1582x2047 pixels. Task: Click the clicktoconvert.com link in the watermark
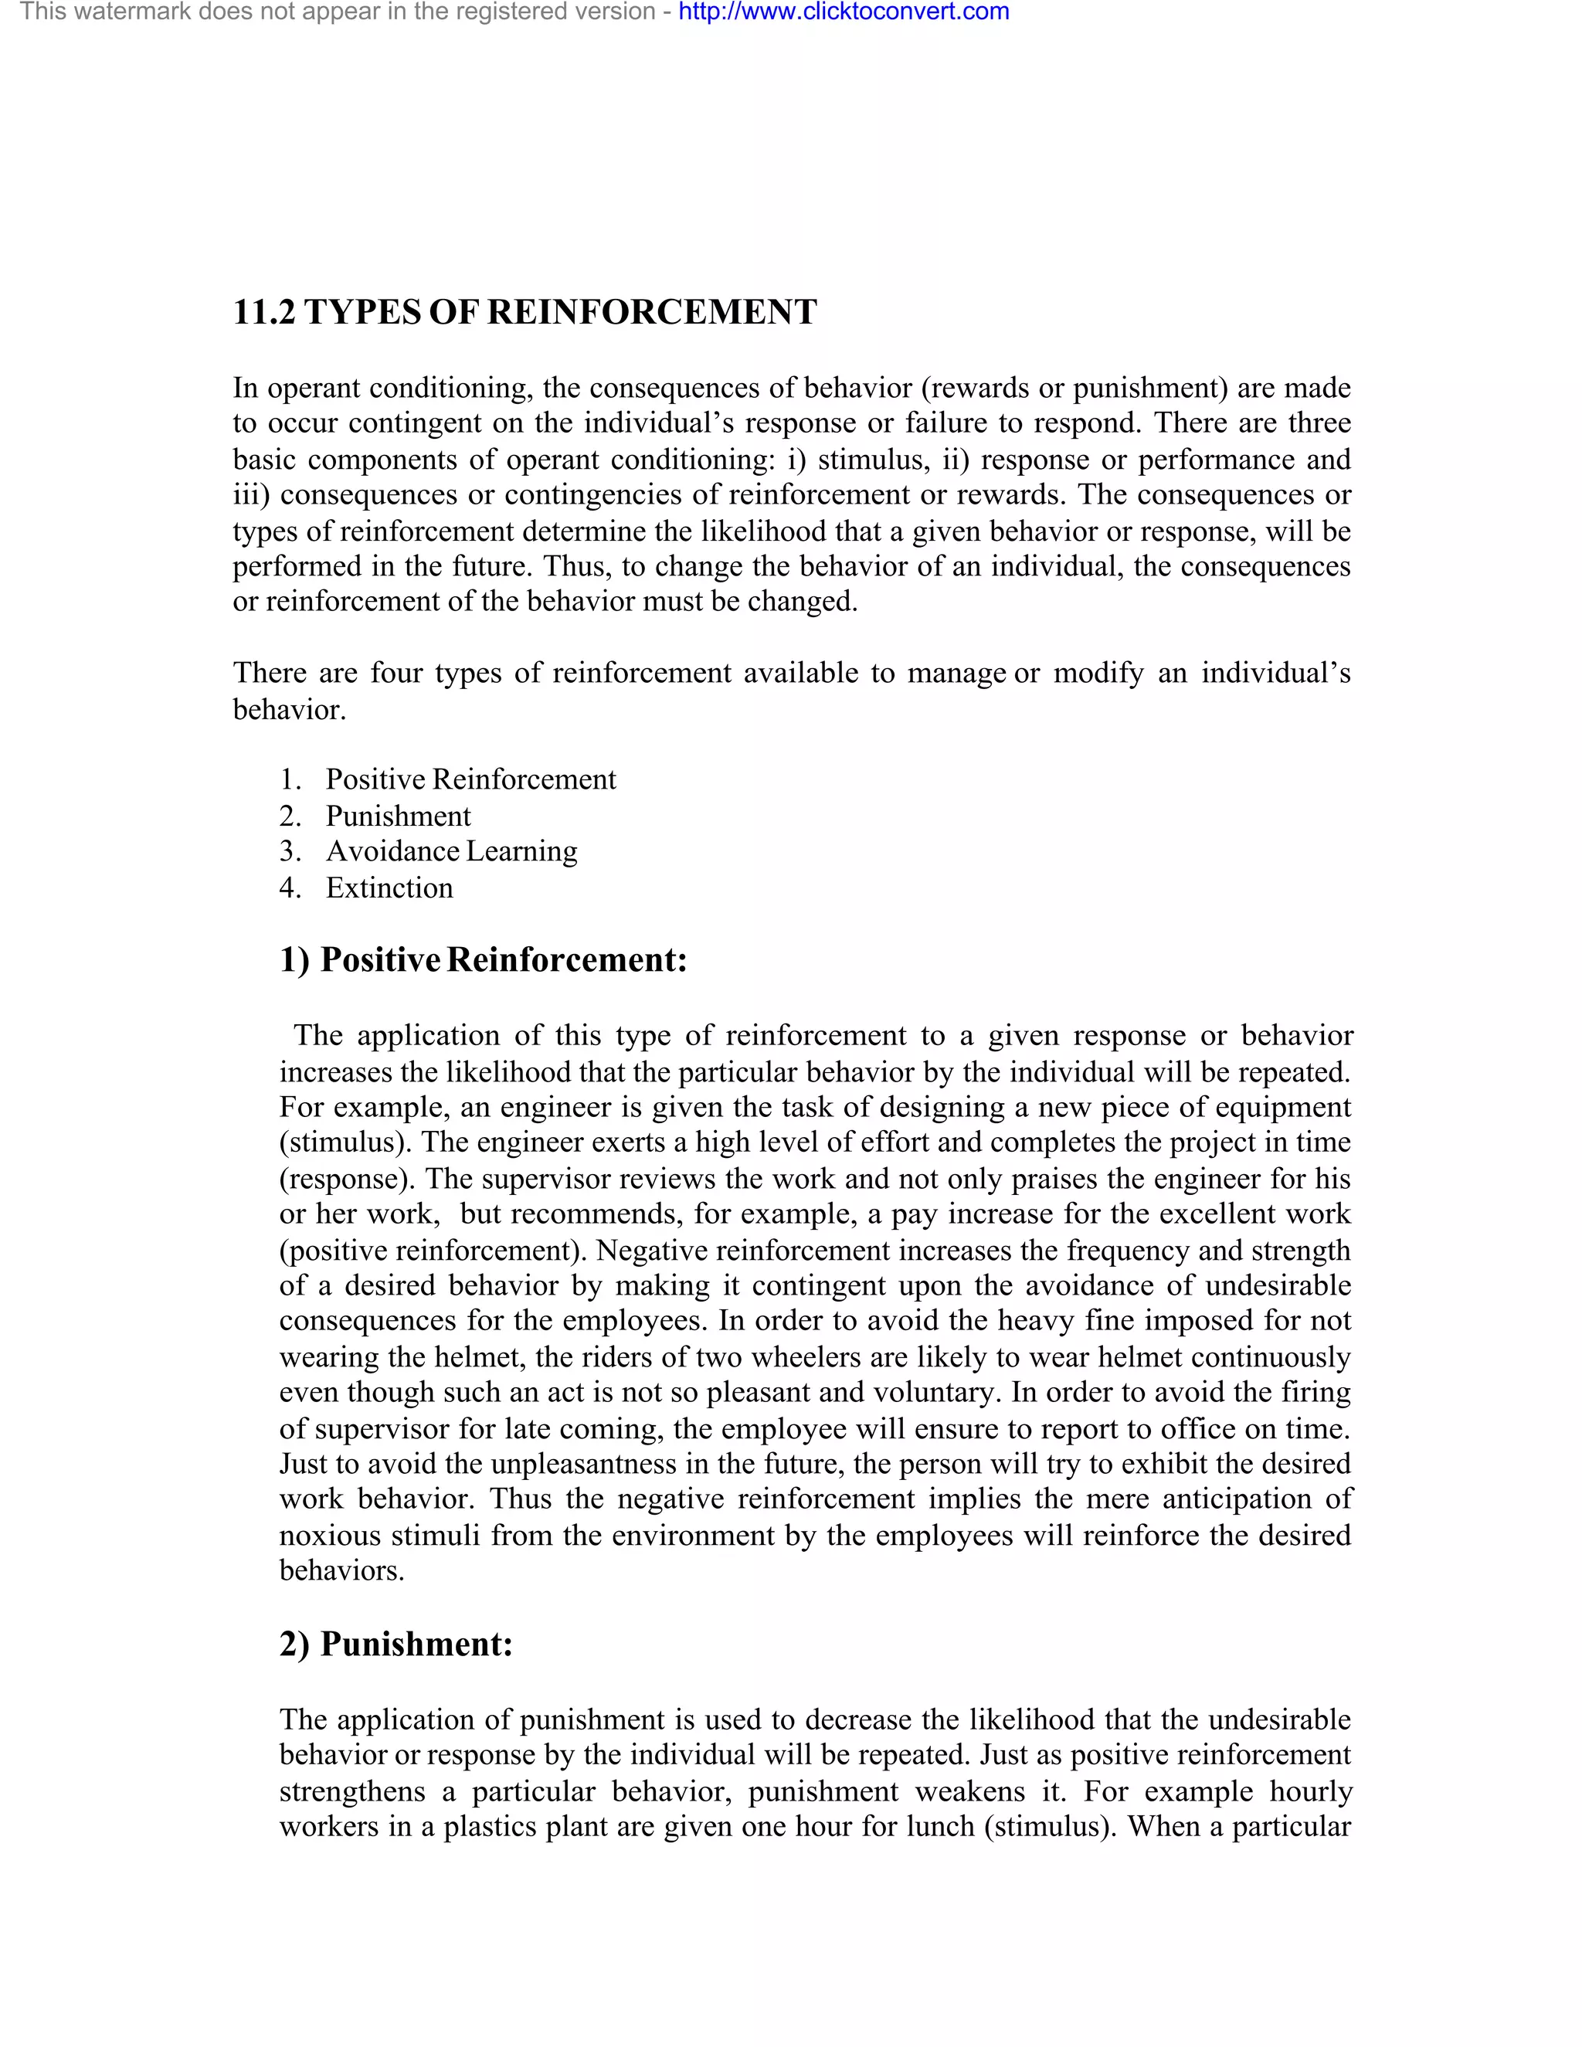pyautogui.click(x=844, y=12)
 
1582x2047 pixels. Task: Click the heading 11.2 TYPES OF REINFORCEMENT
pyautogui.click(x=525, y=312)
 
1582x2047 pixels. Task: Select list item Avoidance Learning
pyautogui.click(x=451, y=851)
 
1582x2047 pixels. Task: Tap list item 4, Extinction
pyautogui.click(x=389, y=888)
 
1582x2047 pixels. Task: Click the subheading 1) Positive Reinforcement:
pyautogui.click(x=484, y=959)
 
